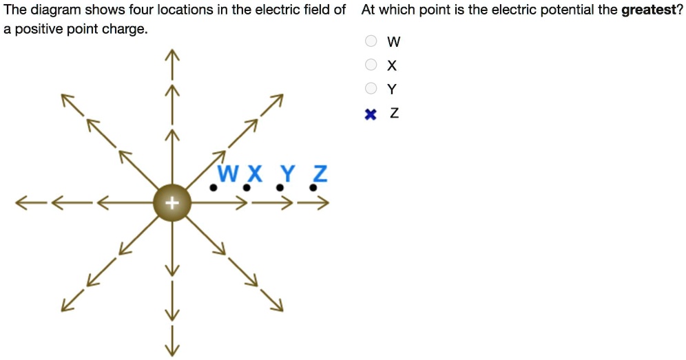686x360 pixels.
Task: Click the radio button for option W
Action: tap(371, 41)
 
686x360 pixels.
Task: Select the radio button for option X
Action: tap(371, 65)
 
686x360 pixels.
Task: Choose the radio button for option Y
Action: tap(371, 88)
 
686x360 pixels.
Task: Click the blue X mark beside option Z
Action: tap(371, 114)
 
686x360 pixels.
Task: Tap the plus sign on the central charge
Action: tap(171, 203)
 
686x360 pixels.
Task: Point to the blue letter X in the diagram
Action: tap(254, 173)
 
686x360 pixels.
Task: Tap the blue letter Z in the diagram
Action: tap(320, 173)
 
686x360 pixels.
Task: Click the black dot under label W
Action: tap(214, 187)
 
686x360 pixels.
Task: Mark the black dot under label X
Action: tap(245, 187)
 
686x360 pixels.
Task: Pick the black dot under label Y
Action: tap(280, 187)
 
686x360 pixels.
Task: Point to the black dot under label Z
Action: tap(313, 187)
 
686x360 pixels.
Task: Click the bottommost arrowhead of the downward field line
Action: tap(171, 350)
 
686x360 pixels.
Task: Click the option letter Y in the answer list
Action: tap(392, 89)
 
